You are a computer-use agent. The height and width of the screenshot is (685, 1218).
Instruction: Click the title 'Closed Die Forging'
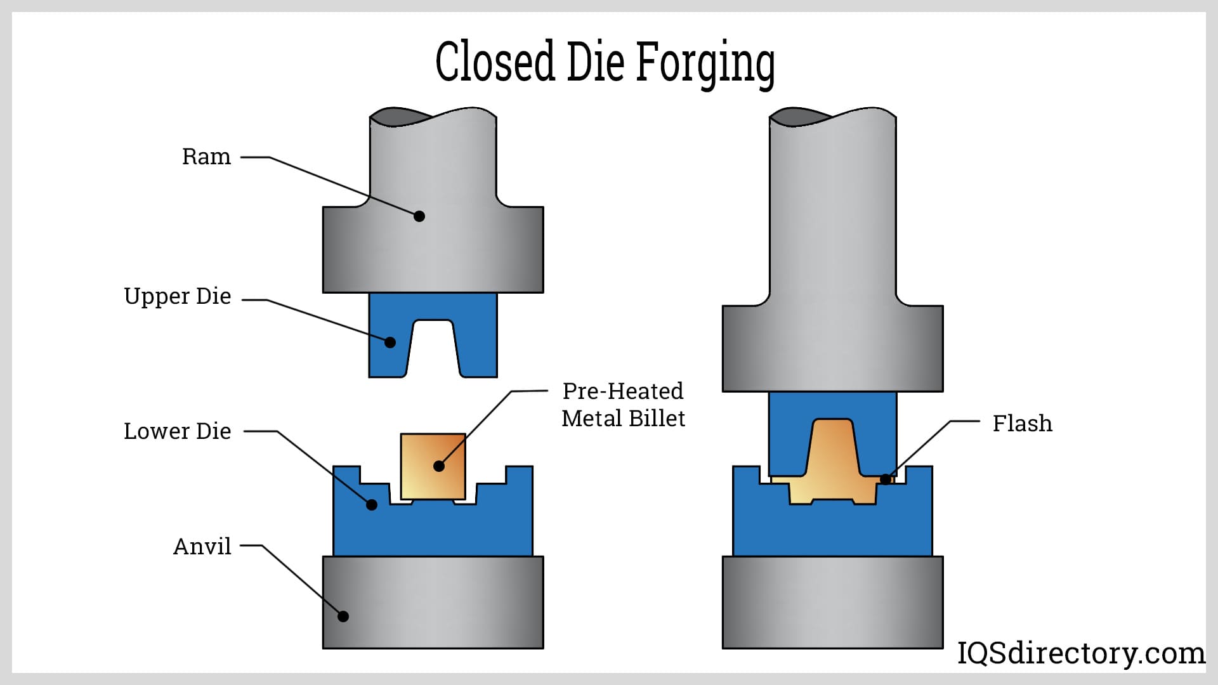pyautogui.click(x=605, y=62)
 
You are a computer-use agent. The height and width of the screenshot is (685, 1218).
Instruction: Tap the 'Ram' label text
pyautogui.click(x=206, y=157)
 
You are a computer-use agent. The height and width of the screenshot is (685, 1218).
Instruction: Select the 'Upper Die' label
pyautogui.click(x=178, y=296)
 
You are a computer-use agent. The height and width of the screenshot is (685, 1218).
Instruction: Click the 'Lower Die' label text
pyautogui.click(x=178, y=431)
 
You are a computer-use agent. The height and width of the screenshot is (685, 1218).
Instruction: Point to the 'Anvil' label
pyautogui.click(x=202, y=546)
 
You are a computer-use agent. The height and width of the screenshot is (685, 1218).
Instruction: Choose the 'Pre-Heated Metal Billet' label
pyautogui.click(x=623, y=405)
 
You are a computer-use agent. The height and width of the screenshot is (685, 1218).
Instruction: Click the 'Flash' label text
pyautogui.click(x=1022, y=423)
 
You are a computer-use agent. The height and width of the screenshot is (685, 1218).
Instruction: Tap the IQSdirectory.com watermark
pyautogui.click(x=1081, y=653)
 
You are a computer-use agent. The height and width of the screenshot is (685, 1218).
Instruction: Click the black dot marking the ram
pyautogui.click(x=419, y=216)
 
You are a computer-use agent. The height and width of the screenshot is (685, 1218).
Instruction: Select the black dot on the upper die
pyautogui.click(x=390, y=342)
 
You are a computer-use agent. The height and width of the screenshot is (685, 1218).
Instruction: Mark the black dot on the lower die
pyautogui.click(x=372, y=505)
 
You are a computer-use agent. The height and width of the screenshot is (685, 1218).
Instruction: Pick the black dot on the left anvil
pyautogui.click(x=343, y=616)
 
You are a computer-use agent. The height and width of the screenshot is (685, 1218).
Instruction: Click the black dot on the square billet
pyautogui.click(x=438, y=466)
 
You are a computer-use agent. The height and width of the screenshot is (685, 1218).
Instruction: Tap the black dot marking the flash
pyautogui.click(x=886, y=480)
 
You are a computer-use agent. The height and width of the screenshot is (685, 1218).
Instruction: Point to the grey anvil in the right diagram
pyautogui.click(x=832, y=602)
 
